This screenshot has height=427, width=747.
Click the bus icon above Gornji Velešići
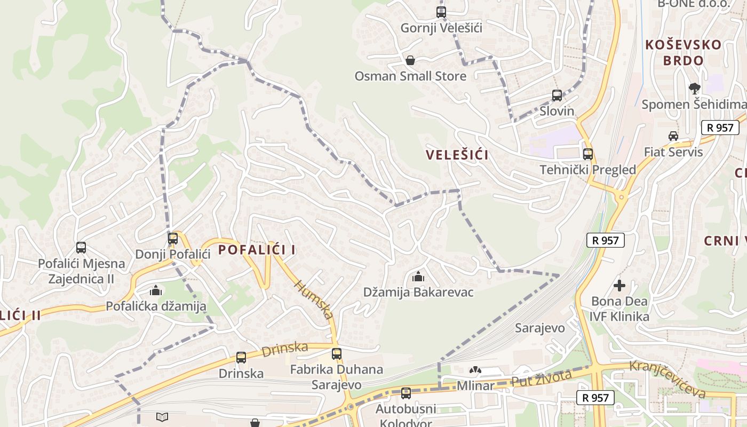coord(441,12)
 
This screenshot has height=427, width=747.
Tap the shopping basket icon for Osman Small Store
coord(410,60)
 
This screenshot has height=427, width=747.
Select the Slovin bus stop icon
coord(557,96)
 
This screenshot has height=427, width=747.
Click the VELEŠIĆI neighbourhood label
coord(457,155)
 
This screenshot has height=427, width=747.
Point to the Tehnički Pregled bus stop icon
coord(587,154)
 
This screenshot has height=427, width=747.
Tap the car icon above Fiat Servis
coord(673,136)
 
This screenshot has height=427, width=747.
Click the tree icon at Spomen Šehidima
coord(694,88)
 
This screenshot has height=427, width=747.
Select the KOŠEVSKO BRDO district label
coord(684,52)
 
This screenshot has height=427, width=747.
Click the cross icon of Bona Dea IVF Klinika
coord(619,286)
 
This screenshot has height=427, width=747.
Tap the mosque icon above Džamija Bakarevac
coord(418,276)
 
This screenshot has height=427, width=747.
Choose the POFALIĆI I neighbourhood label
coord(257,250)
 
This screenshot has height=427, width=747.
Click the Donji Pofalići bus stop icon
coord(173,239)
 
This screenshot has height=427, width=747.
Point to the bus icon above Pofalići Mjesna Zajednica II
coord(81,248)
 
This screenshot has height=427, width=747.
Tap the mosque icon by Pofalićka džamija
coord(155,290)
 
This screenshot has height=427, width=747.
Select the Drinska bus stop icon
coord(241,358)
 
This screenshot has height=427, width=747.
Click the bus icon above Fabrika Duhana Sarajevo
coord(336,353)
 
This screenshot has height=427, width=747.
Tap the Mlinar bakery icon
coord(474,370)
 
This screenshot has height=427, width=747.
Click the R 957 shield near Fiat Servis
coord(720,128)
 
